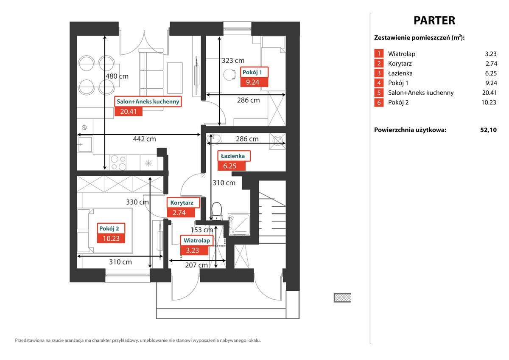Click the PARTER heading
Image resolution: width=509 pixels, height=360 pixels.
[x=434, y=20]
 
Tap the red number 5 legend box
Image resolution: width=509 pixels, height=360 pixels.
[x=378, y=93]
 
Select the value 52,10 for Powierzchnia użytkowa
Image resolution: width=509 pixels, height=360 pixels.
[x=488, y=130]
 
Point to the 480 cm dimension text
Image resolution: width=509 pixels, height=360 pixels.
[x=117, y=76]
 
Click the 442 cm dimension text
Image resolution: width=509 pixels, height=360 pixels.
[x=145, y=139]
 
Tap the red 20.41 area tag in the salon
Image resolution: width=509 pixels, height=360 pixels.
[x=129, y=112]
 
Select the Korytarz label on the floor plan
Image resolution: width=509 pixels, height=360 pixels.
[x=183, y=203]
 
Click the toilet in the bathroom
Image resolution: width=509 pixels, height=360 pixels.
[x=216, y=210]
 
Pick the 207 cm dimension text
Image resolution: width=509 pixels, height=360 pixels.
[x=197, y=265]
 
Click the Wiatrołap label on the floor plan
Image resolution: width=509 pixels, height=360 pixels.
[x=196, y=240]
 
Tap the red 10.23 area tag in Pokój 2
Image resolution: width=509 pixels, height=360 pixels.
[x=111, y=238]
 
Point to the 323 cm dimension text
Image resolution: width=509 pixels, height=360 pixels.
[x=233, y=61]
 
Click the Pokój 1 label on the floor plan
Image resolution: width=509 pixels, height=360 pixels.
[x=255, y=72]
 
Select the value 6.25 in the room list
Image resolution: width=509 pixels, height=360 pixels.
[x=490, y=73]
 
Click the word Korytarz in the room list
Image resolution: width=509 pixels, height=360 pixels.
[x=400, y=64]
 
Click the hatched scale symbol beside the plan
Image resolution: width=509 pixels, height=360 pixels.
[x=342, y=298]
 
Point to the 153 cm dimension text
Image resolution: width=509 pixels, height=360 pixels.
[x=202, y=230]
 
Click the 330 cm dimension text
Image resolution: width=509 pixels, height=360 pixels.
[x=137, y=202]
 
